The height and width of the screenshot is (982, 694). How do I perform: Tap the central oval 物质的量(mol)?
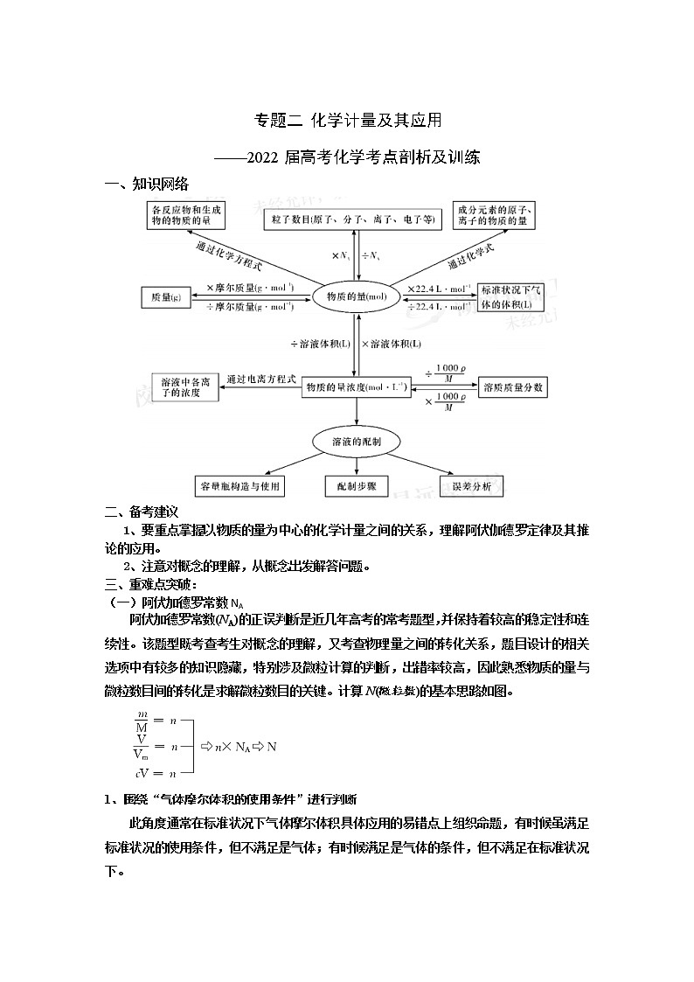(356, 297)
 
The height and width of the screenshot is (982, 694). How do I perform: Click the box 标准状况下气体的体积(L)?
(510, 297)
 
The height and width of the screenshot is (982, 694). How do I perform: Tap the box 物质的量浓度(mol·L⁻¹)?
(356, 387)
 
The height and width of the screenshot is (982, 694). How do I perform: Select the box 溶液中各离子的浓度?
(182, 387)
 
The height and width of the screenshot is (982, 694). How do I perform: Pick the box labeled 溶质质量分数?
(513, 386)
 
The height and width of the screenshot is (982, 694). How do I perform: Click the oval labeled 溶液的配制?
(356, 441)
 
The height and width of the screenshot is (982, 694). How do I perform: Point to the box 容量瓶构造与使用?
(238, 486)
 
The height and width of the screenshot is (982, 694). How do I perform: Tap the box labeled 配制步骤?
(356, 486)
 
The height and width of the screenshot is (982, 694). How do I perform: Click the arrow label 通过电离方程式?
(262, 379)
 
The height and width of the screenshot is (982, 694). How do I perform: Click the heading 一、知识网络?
(146, 185)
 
